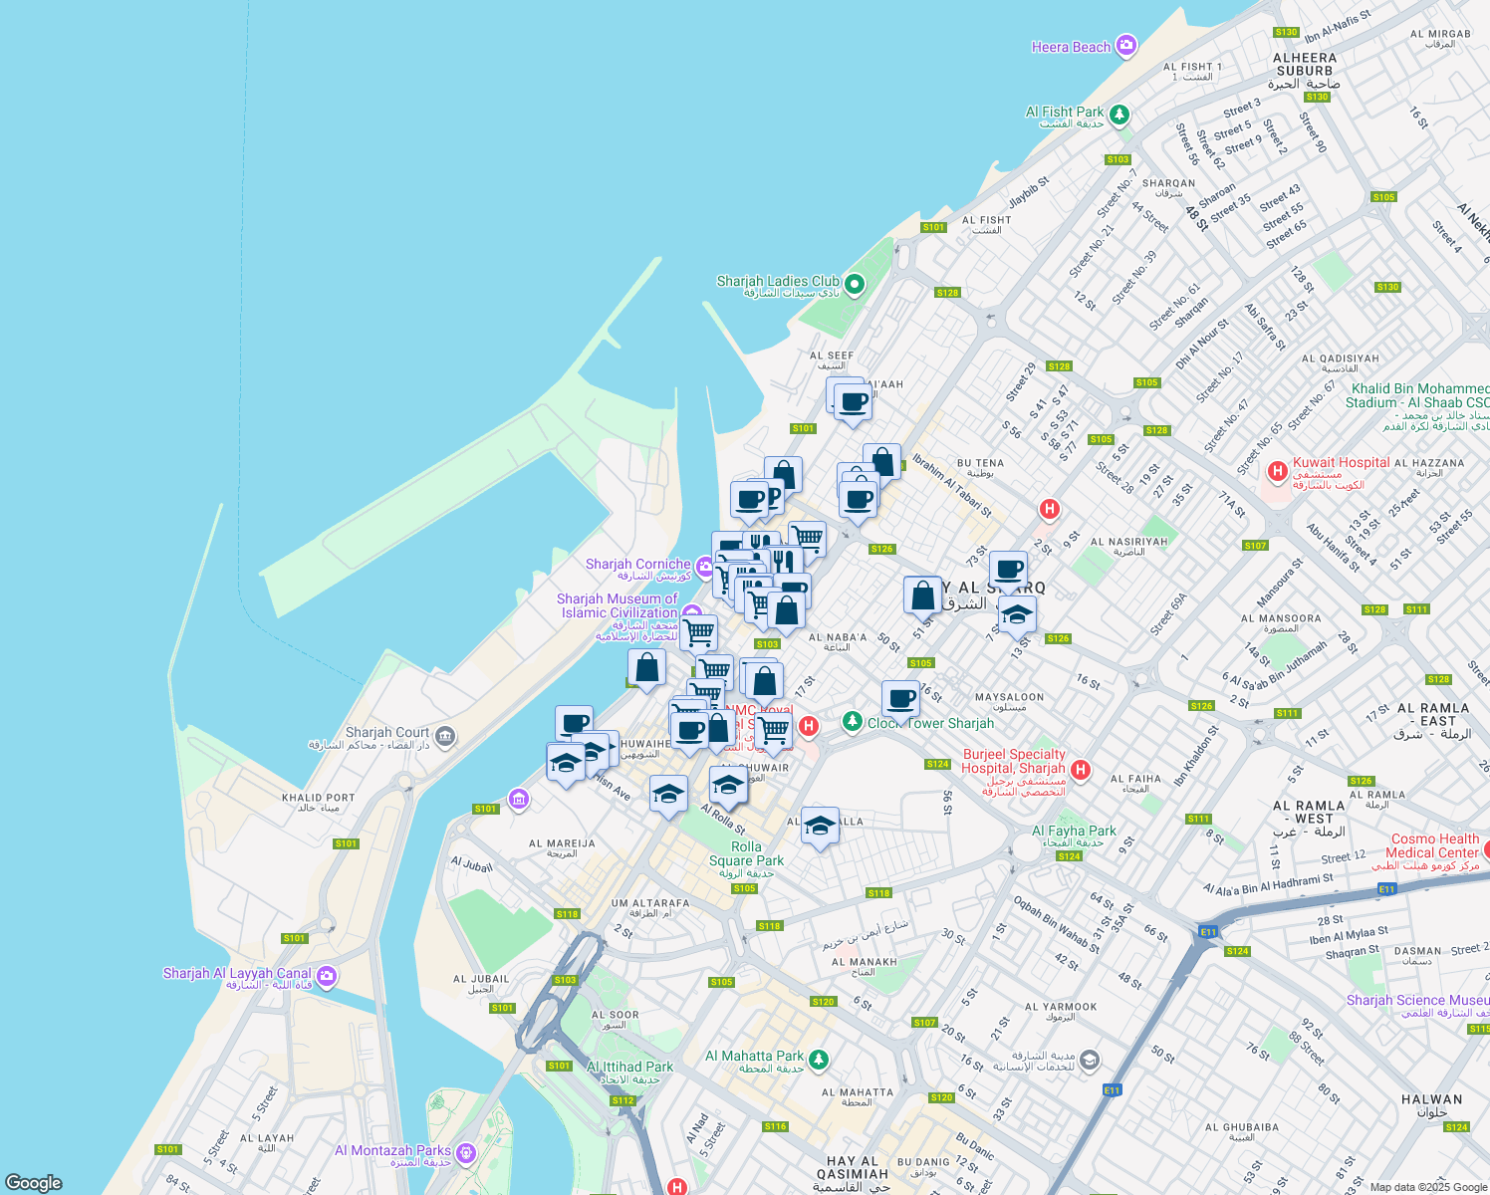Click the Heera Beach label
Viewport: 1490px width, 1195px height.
coord(1071,47)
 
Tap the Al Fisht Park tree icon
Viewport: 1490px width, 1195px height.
coord(1119,116)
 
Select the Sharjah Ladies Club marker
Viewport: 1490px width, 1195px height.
coord(854,285)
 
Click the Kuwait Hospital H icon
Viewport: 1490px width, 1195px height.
coord(1277,469)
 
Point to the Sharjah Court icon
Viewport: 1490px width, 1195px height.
coord(445,737)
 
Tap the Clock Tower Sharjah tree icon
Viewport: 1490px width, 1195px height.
coord(852,720)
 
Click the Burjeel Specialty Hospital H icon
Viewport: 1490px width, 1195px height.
coord(1081,770)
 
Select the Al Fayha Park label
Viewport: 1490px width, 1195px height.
coord(1074,831)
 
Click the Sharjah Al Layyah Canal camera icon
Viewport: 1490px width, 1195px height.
coord(327,976)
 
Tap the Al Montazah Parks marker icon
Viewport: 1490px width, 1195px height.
coord(465,1153)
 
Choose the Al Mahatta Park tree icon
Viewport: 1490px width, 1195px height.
coord(818,1060)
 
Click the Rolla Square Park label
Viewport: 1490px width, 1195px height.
coord(746,853)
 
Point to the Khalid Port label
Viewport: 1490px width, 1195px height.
coord(318,798)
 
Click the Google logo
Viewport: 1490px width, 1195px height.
coord(34,1182)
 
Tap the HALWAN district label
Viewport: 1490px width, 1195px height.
coord(1431,1099)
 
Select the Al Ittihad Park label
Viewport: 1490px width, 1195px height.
coord(630,1067)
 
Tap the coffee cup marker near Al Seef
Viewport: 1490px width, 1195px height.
coord(853,403)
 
